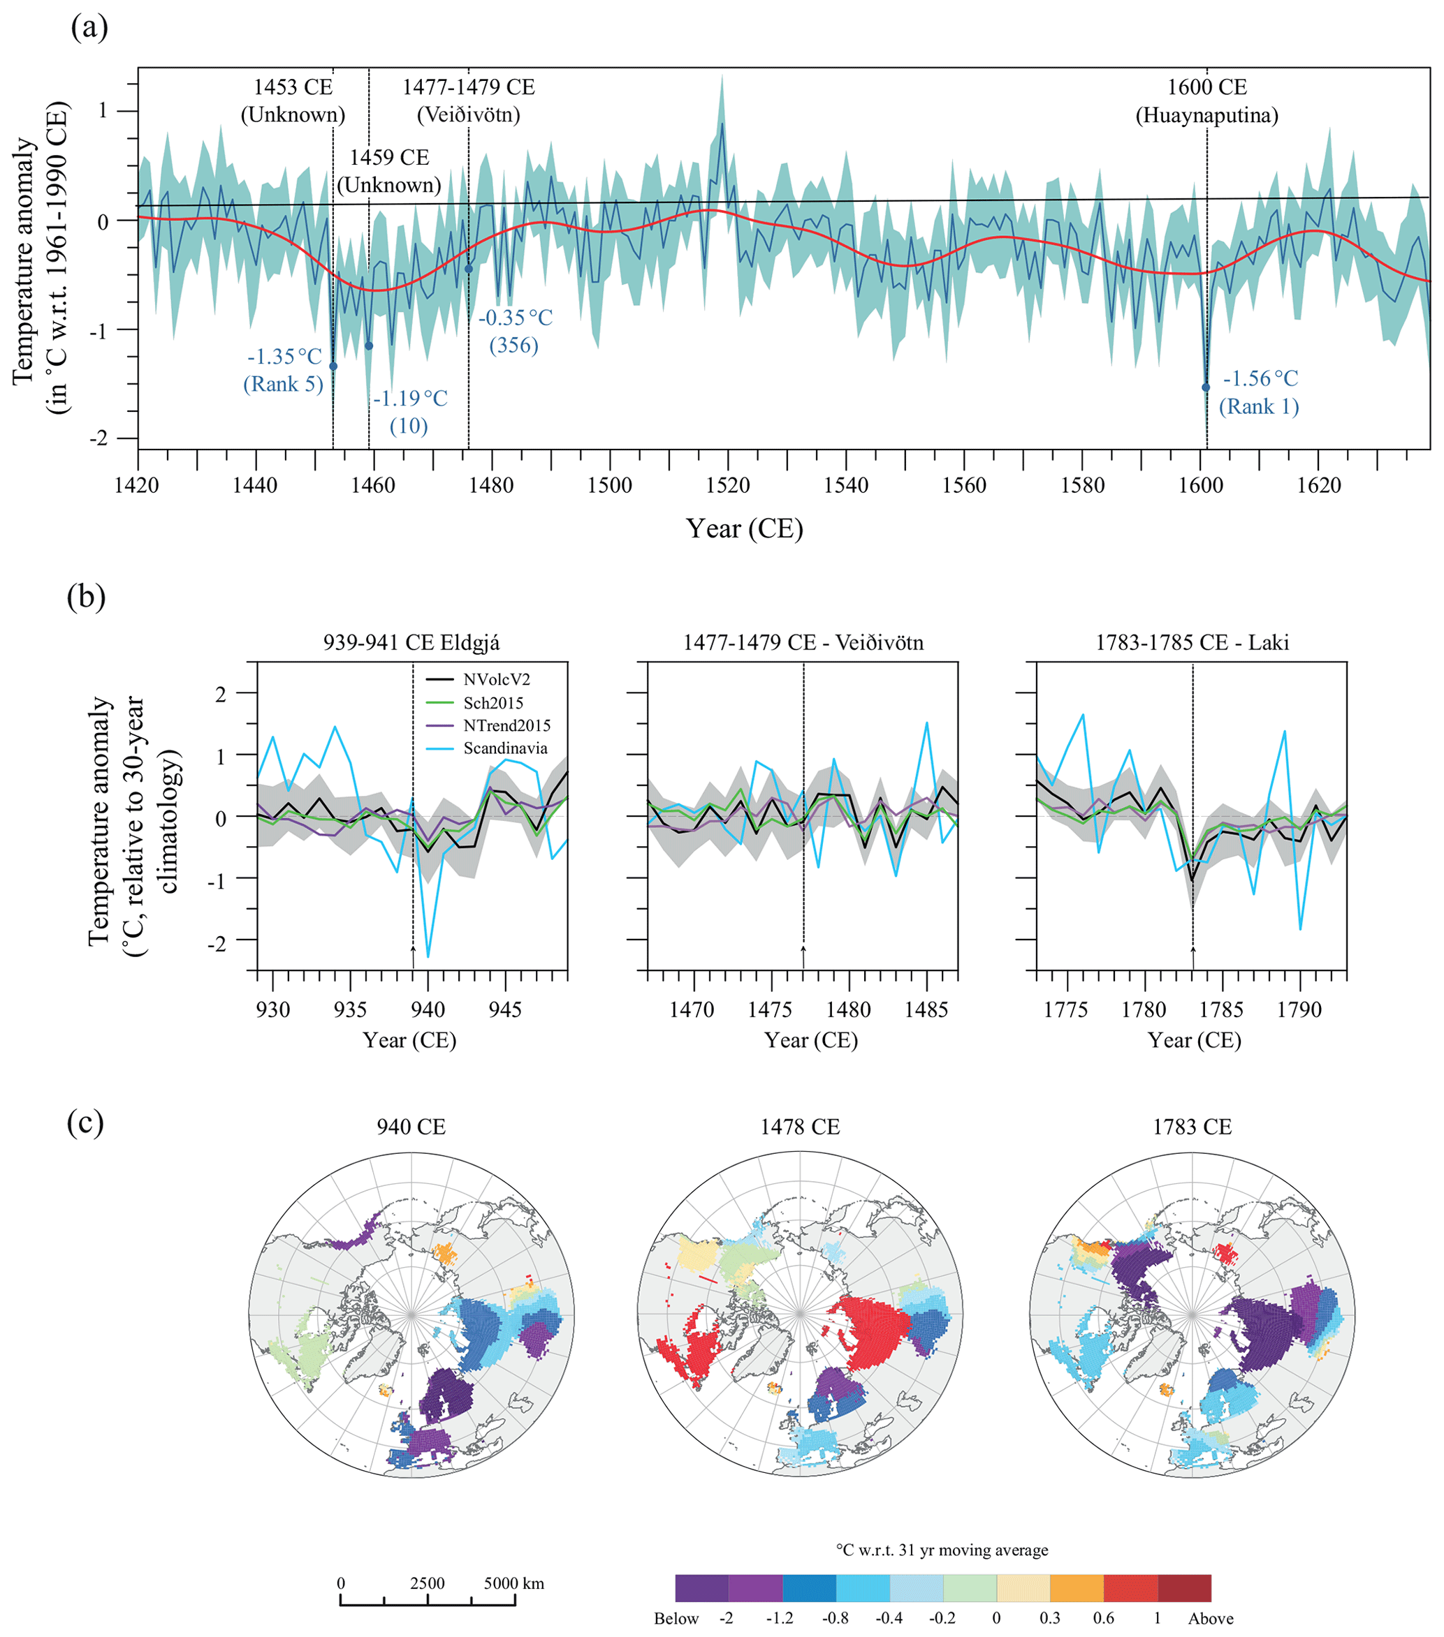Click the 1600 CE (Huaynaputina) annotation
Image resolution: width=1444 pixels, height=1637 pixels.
(1206, 101)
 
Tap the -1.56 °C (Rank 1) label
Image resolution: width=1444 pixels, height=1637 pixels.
(1259, 392)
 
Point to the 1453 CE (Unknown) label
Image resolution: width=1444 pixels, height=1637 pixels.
(293, 101)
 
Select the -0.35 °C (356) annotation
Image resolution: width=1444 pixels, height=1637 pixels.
(516, 331)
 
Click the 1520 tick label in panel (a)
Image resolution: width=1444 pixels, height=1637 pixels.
(728, 485)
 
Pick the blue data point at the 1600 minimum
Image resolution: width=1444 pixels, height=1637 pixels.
(1205, 387)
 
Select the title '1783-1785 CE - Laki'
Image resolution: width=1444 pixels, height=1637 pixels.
(1193, 642)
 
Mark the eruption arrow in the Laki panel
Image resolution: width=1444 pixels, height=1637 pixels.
(1193, 956)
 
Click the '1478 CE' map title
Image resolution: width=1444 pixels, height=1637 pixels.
(800, 1127)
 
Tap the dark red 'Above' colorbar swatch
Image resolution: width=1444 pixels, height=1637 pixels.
(1184, 1588)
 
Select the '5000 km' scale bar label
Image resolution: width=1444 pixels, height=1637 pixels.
(513, 1583)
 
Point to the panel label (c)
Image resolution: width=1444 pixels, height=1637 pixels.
(86, 1123)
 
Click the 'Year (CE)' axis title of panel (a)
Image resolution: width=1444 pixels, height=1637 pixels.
(745, 528)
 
